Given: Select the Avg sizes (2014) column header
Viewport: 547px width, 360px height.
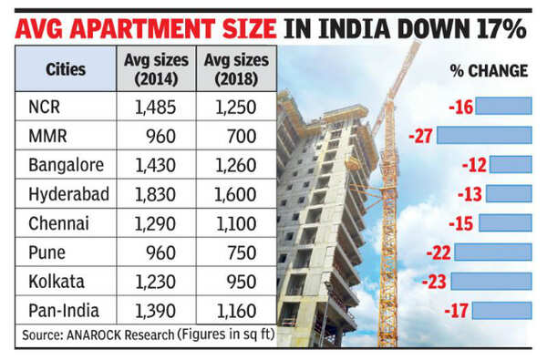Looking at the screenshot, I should tap(156, 70).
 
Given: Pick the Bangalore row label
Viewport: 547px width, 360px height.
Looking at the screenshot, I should tap(66, 167).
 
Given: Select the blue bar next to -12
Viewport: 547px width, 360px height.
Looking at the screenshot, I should tap(511, 165).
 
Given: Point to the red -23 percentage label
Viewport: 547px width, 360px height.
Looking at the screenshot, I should tap(435, 282).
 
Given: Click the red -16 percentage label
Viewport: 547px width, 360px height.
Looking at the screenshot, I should tap(461, 108).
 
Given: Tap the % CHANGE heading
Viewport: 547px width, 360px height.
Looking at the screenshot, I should tap(489, 70).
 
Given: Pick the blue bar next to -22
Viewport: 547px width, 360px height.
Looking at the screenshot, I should tap(493, 252).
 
